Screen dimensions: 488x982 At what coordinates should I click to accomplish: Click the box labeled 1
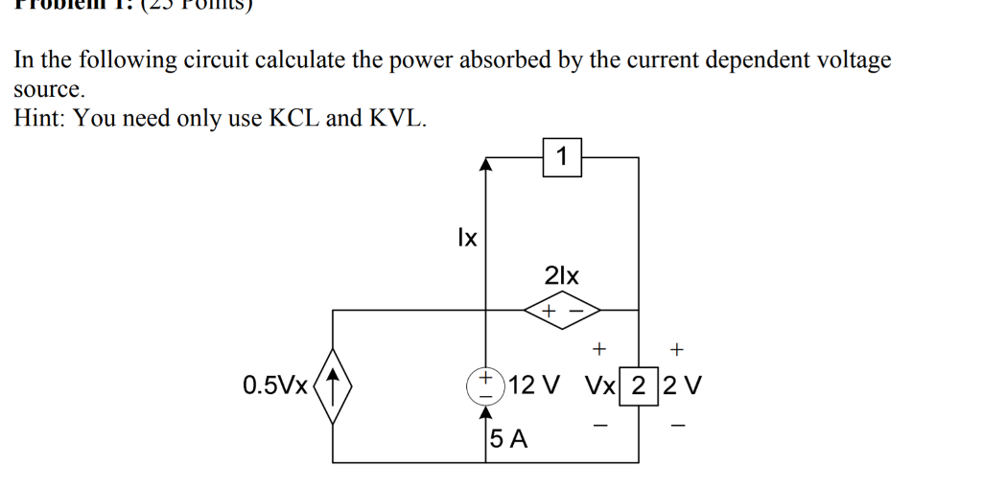(x=562, y=156)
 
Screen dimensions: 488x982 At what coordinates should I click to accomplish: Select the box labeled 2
(x=639, y=386)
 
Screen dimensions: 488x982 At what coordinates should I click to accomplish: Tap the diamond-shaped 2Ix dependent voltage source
(x=561, y=311)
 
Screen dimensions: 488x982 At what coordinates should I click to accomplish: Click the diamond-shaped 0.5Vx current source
(x=333, y=386)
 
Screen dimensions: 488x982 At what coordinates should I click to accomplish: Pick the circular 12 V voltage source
(x=486, y=385)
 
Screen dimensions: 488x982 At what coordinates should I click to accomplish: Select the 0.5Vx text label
(x=276, y=386)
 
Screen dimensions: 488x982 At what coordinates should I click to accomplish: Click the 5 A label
(x=508, y=440)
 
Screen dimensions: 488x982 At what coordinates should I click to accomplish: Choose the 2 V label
(x=682, y=386)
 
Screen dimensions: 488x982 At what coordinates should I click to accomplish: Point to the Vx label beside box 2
(x=600, y=386)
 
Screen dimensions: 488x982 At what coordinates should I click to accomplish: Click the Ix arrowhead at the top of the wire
(x=486, y=165)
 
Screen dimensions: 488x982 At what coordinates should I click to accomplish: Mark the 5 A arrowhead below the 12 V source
(x=486, y=413)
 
